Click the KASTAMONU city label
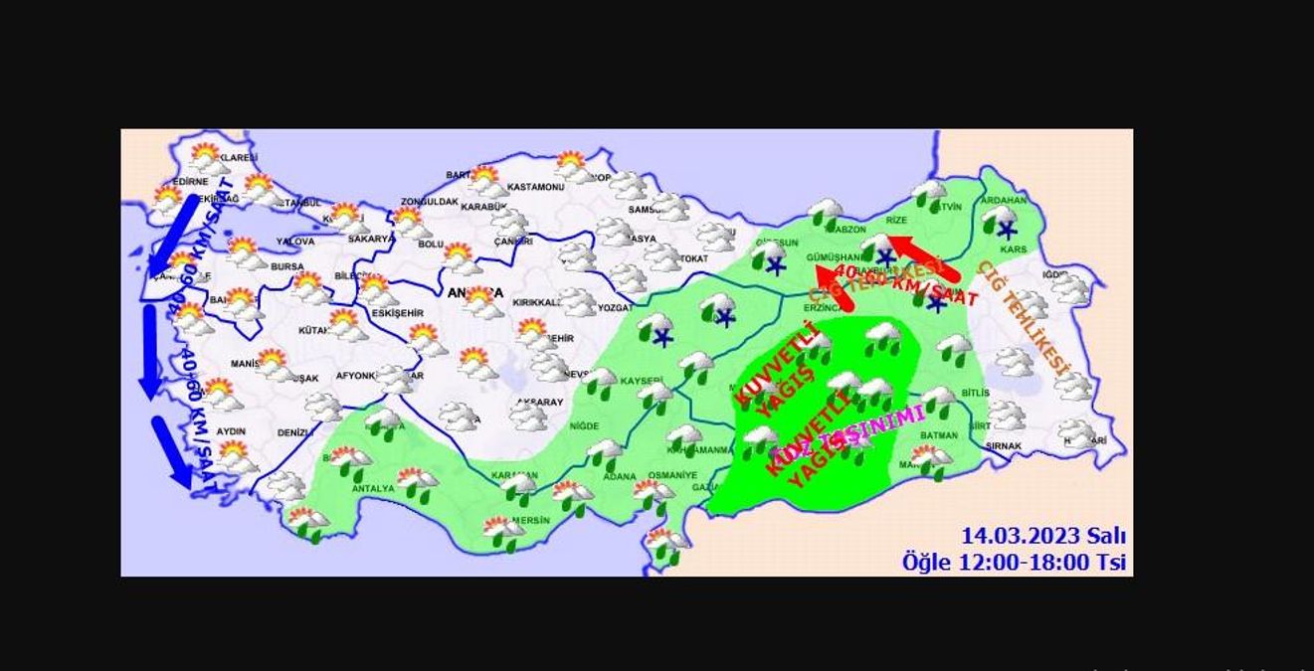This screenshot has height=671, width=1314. pyautogui.click(x=535, y=187)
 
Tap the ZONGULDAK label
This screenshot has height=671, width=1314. pyautogui.click(x=429, y=202)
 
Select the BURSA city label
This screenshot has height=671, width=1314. pyautogui.click(x=286, y=267)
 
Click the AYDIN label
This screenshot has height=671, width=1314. pyautogui.click(x=231, y=431)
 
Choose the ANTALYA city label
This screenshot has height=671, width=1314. pyautogui.click(x=373, y=489)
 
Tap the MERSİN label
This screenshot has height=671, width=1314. pyautogui.click(x=532, y=520)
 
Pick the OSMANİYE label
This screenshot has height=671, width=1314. pyautogui.click(x=672, y=475)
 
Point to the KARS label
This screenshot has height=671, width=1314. pyautogui.click(x=1013, y=250)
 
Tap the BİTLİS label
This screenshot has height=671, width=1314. pyautogui.click(x=975, y=394)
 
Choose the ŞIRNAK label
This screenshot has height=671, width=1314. pyautogui.click(x=1004, y=447)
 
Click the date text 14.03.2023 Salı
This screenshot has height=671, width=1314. pyautogui.click(x=1042, y=537)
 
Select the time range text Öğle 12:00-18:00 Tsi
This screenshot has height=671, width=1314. pyautogui.click(x=1014, y=562)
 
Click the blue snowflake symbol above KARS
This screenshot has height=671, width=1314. pyautogui.click(x=1007, y=231)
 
